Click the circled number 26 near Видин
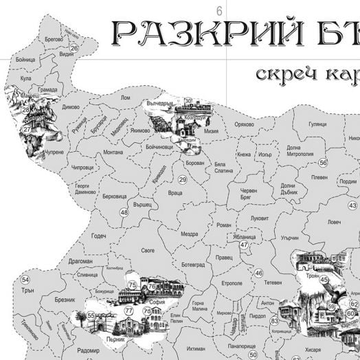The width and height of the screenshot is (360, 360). point(74,48)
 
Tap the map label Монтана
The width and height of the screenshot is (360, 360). point(113,153)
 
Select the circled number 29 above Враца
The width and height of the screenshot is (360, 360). point(183,180)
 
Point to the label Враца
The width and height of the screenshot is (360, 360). point(175,194)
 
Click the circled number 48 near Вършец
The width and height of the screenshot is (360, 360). point(124,213)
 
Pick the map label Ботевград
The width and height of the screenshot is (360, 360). point(192,265)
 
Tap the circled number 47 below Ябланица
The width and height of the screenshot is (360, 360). point(244,245)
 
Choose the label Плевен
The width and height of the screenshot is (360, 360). point(319,177)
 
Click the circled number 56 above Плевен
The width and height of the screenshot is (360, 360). point(323,163)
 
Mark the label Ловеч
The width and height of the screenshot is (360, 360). point(334,222)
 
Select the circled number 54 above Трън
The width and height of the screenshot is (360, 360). point(25,280)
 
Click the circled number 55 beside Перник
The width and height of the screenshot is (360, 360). point(91,315)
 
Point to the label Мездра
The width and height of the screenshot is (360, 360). point(190,233)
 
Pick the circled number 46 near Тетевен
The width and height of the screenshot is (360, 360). point(259,273)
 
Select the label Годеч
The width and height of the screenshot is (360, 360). point(99,236)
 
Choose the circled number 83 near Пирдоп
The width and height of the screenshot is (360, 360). point(274,320)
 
